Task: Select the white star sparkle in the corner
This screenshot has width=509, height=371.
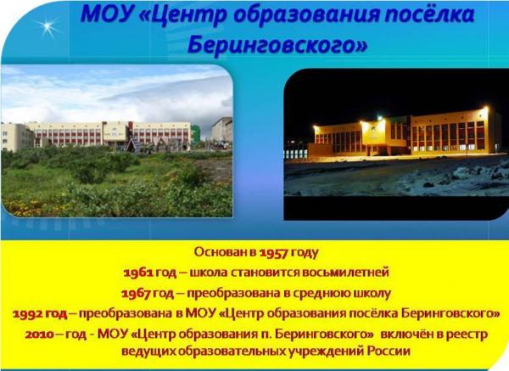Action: coord(48,26)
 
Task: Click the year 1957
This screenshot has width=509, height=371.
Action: coord(274,252)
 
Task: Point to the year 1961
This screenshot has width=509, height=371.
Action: coord(138,273)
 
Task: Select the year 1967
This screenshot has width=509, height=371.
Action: coord(136,294)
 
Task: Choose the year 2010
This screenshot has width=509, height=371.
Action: coord(40,334)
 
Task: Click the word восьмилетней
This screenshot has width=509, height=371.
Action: coord(345,273)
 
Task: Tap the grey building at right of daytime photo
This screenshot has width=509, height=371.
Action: coord(222,129)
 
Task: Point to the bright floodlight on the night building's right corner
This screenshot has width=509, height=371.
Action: coord(485,109)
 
